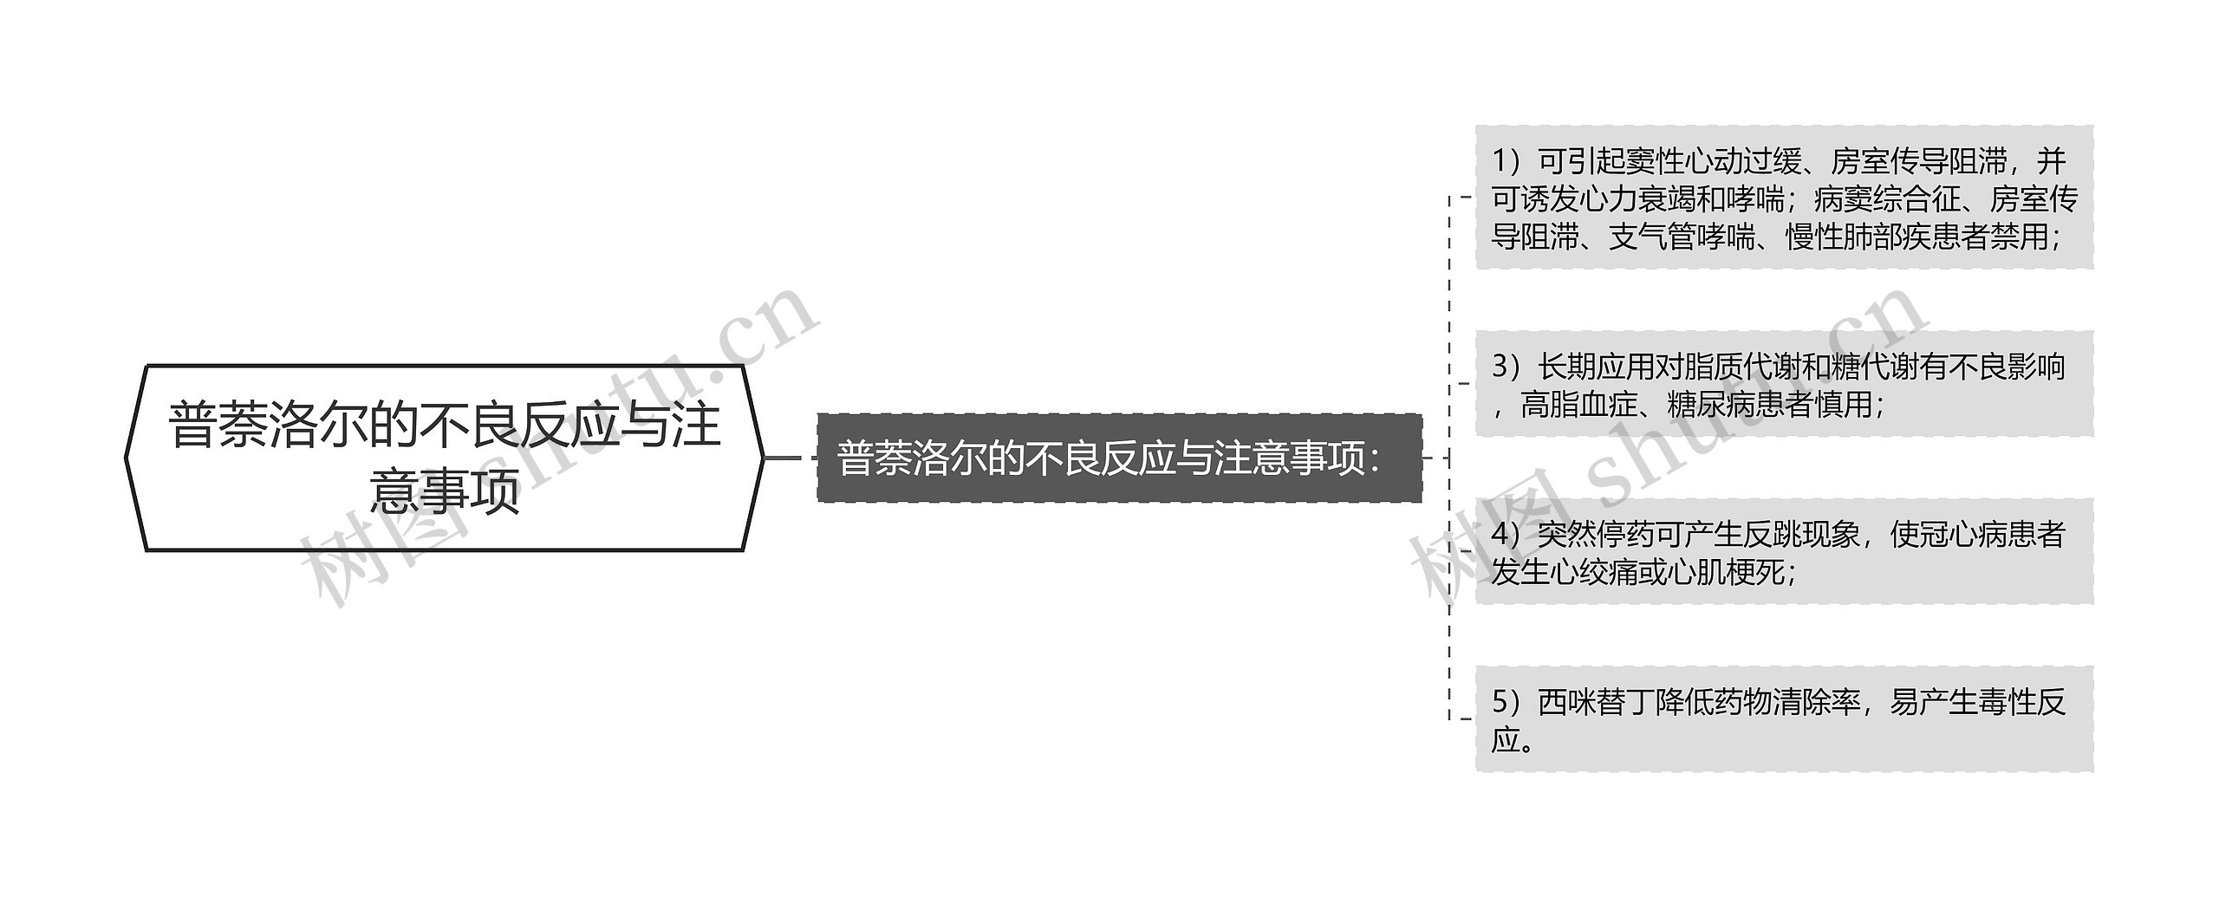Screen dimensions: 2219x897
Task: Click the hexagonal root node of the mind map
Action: pos(444,458)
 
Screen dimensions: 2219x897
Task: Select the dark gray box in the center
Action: pos(1119,458)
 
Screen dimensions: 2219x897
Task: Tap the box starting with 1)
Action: pos(1784,198)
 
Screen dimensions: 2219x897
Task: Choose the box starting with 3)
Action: pos(1784,384)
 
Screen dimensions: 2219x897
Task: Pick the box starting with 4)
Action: pos(1784,551)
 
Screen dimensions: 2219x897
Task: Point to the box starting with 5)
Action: pos(1784,719)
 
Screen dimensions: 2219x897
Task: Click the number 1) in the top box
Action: pos(1507,161)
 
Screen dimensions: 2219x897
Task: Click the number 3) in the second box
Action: pos(1507,367)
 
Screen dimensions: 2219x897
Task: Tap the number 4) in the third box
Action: pos(1507,534)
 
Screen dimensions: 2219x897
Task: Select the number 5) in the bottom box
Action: pos(1507,702)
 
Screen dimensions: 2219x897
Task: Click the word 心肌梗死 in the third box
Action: pos(1726,572)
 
